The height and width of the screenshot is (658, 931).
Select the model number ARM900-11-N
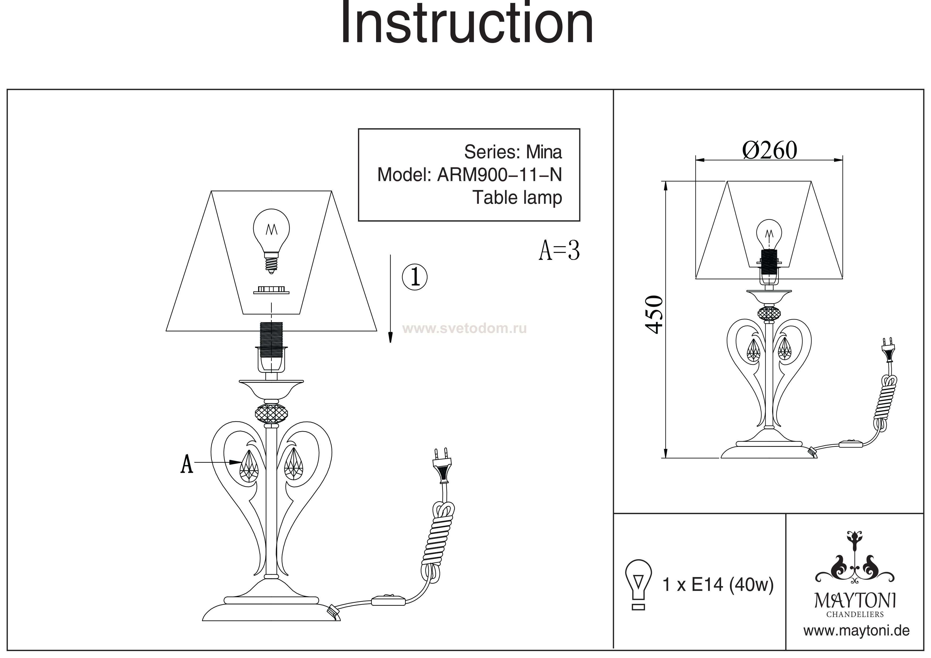tap(499, 175)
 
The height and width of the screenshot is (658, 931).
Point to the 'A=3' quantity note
tap(559, 251)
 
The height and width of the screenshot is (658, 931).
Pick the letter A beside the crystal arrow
tap(187, 464)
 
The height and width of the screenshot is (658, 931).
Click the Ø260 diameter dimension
tap(769, 150)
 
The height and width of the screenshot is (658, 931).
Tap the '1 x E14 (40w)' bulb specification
tap(718, 585)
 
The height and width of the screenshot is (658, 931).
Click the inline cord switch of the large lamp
tap(389, 600)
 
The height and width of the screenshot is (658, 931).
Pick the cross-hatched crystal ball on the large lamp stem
tap(271, 414)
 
